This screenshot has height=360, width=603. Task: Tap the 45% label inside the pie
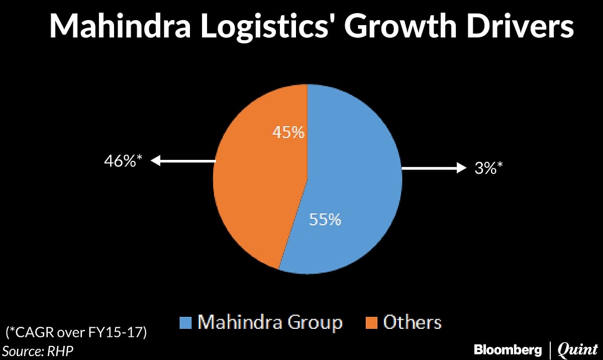click(x=288, y=132)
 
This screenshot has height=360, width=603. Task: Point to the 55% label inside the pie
click(x=325, y=220)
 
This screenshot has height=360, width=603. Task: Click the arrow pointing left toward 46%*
click(x=183, y=161)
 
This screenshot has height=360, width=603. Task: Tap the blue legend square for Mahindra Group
click(x=185, y=322)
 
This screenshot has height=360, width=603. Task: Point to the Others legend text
click(x=412, y=322)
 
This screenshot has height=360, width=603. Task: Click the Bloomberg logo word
click(x=508, y=349)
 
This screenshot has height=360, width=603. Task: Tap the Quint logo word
click(x=576, y=349)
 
